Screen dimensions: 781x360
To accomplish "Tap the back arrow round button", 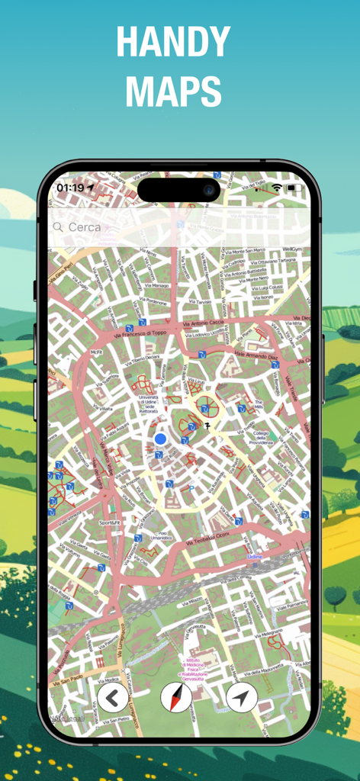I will [x=113, y=697].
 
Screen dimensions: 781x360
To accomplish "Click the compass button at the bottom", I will [x=176, y=697].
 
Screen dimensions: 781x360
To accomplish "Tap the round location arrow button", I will [x=242, y=697].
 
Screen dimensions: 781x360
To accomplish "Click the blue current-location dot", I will [x=160, y=439].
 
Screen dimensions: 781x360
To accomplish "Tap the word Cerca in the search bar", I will [x=85, y=227].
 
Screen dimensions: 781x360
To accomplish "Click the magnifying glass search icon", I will [x=57, y=227].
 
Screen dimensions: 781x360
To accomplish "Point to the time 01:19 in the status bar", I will [x=70, y=187].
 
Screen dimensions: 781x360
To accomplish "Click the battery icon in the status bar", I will [x=296, y=187].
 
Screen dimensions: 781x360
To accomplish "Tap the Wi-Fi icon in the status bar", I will [x=276, y=187].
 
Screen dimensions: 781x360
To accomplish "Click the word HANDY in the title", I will [x=173, y=43].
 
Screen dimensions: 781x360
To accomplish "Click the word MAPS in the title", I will [x=173, y=92].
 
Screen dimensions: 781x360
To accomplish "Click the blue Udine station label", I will [x=255, y=558].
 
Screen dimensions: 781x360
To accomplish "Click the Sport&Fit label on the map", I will [x=110, y=522].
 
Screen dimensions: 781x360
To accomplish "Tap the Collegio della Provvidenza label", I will [x=264, y=438].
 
